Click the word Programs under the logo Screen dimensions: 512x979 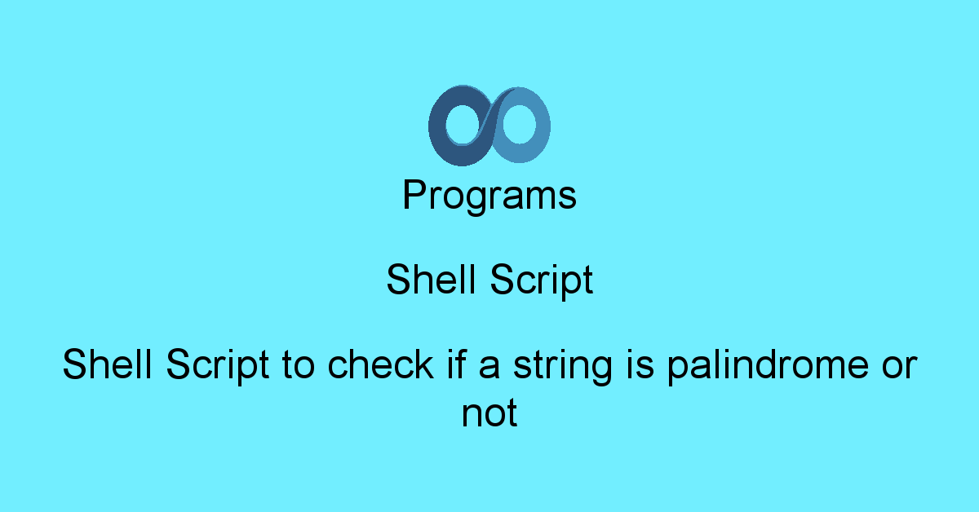[489, 196]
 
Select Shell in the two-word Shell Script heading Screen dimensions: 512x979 [431, 280]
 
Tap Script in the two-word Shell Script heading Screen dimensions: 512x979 [542, 280]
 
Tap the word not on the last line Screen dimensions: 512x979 [489, 413]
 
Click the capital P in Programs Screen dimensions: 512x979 [414, 196]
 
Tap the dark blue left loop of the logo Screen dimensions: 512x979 [438, 126]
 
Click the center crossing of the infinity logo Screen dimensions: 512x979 [489, 125]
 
